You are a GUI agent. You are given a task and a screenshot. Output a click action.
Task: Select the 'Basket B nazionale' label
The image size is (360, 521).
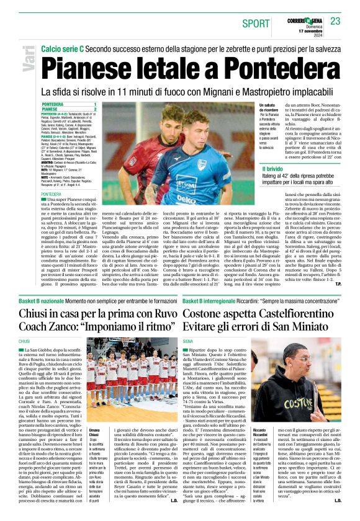click(45, 300)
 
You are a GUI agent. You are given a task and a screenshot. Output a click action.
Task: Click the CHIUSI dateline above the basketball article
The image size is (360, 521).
click(25, 342)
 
